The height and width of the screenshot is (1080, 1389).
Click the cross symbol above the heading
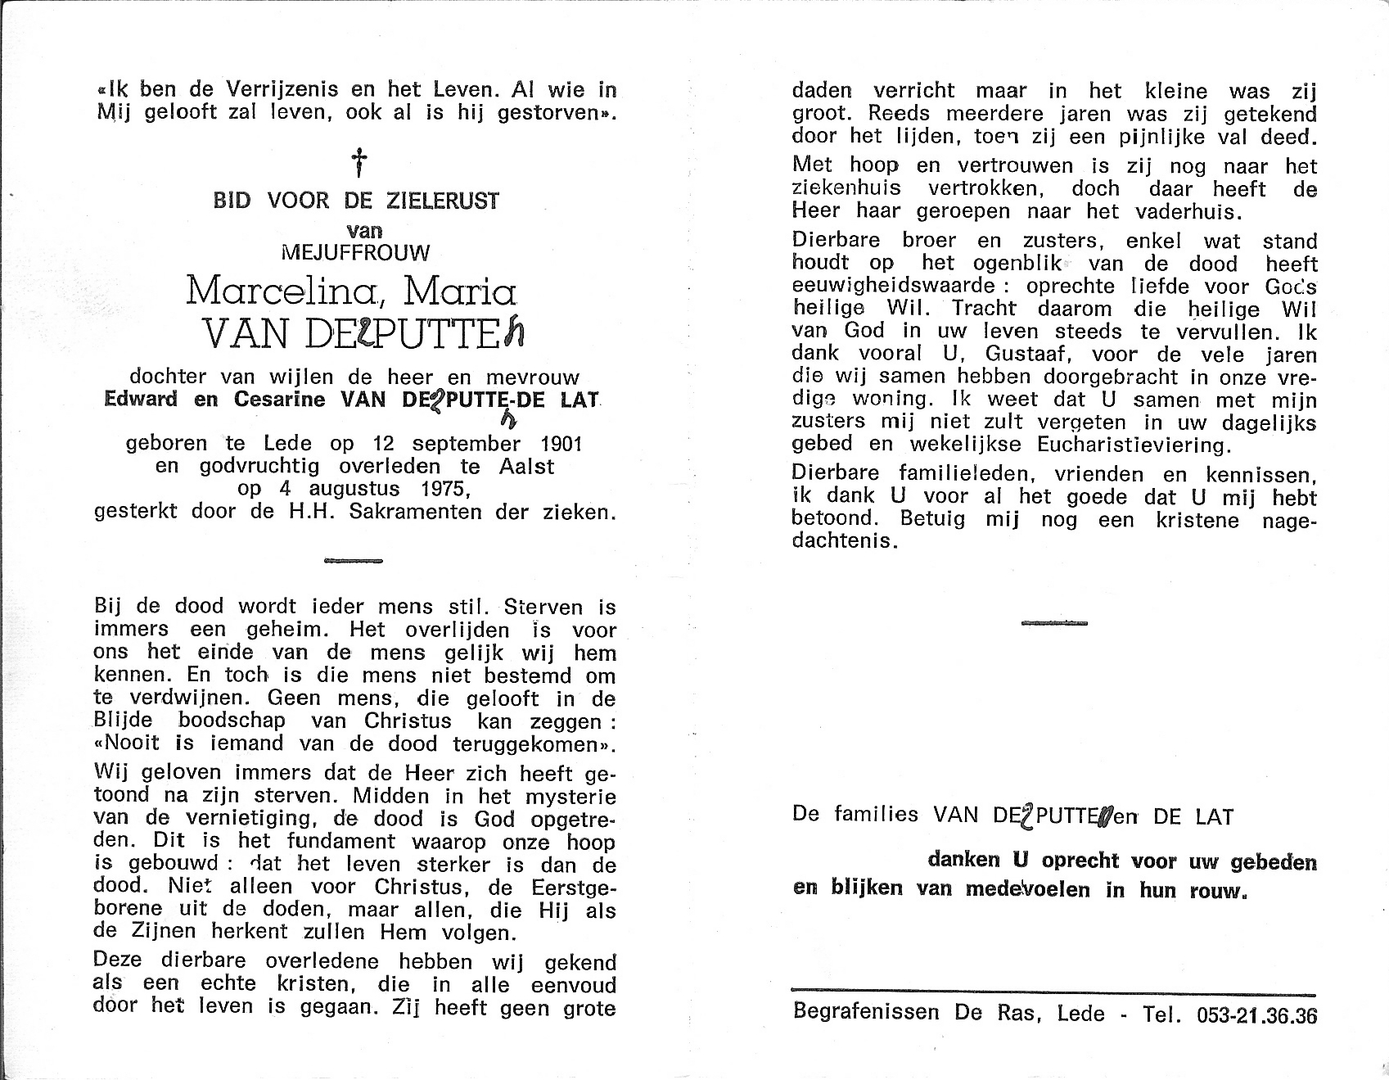(x=358, y=163)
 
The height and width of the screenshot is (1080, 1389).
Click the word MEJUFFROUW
(x=354, y=252)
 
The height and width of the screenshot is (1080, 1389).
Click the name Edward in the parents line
(x=141, y=400)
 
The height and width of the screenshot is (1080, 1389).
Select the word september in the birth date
(x=466, y=444)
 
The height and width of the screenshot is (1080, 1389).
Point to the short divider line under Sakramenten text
(x=354, y=561)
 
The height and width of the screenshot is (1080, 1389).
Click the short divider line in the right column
(x=1054, y=623)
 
